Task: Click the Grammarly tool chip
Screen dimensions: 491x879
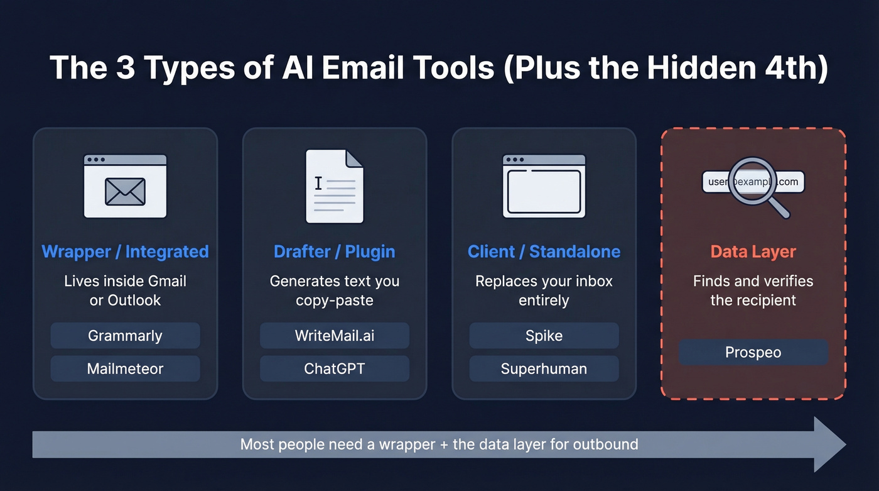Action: pos(125,336)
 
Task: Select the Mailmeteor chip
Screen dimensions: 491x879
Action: pos(125,368)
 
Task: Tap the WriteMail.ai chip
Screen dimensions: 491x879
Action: pos(335,336)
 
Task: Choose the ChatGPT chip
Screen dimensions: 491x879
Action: pos(335,368)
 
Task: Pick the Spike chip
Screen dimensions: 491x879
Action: pos(544,336)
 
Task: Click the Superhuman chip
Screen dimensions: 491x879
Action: pos(544,368)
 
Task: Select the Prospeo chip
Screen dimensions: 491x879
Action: pos(753,352)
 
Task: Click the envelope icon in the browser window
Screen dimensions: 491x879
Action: pos(125,192)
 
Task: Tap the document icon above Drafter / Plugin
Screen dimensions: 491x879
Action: pos(335,186)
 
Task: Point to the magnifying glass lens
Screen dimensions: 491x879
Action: pos(752,180)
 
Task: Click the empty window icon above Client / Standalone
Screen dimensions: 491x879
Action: pos(544,187)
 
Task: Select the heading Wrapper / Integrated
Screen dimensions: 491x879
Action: pos(125,252)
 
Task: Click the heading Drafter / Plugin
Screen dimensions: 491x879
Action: pos(335,252)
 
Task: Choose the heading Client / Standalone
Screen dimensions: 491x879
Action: pos(544,252)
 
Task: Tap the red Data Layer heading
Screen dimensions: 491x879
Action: pos(753,252)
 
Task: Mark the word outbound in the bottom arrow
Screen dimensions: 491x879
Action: pos(607,444)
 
